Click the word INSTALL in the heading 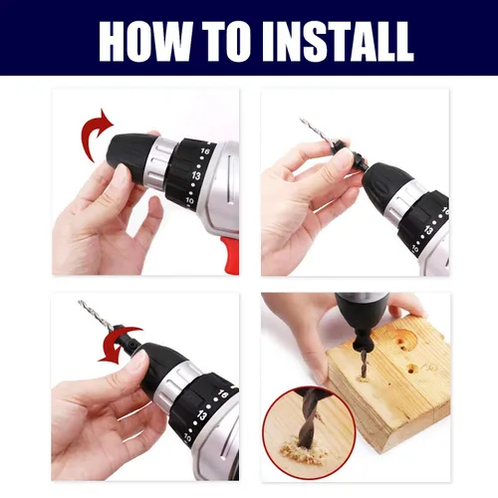click(x=338, y=42)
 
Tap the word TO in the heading click(x=226, y=42)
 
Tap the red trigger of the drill click(x=231, y=256)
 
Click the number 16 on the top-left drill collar click(x=205, y=151)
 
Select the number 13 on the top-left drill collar click(x=196, y=175)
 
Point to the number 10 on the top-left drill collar click(x=189, y=201)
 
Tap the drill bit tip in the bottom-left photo click(x=80, y=302)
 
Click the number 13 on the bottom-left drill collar click(x=201, y=415)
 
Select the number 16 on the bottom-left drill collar click(x=223, y=393)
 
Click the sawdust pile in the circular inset click(x=299, y=450)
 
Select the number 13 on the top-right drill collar click(x=429, y=230)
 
